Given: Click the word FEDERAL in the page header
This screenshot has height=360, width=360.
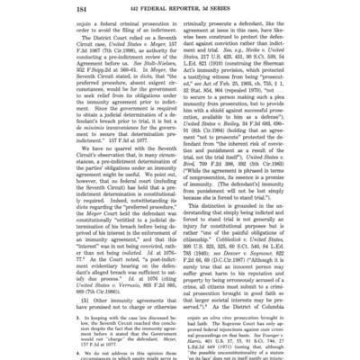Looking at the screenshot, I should [169, 11].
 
